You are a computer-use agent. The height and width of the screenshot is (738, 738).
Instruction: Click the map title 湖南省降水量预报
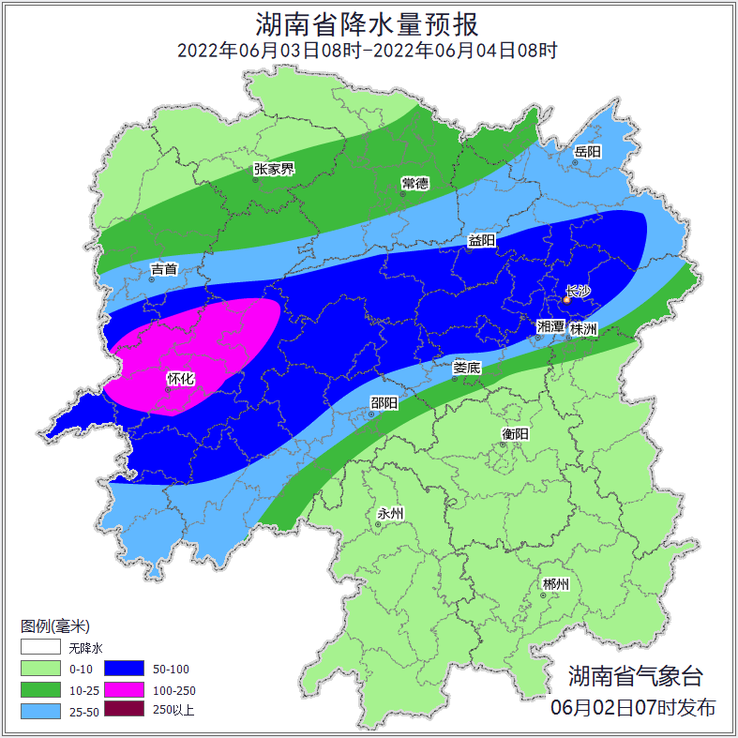[368, 23]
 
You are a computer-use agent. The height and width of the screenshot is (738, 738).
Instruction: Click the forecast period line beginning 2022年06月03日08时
[368, 51]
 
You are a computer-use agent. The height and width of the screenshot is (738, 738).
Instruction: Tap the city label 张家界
[274, 169]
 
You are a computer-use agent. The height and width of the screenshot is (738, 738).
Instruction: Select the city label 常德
[414, 182]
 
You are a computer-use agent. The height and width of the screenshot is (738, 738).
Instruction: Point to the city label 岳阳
[587, 151]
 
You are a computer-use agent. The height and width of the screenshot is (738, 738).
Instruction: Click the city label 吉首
[164, 269]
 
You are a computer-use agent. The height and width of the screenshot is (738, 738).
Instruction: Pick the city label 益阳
[482, 240]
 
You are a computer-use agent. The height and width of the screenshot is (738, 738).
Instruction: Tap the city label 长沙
[579, 291]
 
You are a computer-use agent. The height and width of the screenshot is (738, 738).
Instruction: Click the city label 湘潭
[550, 327]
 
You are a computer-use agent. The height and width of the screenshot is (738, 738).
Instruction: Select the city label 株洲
[583, 328]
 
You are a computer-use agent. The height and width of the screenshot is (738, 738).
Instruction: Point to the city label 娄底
[466, 368]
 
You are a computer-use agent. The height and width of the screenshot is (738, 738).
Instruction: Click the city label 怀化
[180, 378]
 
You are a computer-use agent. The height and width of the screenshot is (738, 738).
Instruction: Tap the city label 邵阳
[384, 402]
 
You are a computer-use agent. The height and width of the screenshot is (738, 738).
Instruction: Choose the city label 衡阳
[516, 432]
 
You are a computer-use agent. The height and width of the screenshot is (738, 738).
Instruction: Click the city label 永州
[390, 513]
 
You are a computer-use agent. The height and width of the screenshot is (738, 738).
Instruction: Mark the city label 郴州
[555, 584]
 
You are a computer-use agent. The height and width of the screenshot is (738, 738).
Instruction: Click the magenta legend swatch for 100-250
[124, 689]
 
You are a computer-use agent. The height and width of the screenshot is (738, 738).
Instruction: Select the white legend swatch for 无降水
[40, 648]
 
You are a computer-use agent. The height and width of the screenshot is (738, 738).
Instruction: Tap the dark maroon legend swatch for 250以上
[124, 710]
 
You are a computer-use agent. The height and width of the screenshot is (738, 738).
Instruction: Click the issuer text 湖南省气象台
[635, 675]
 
